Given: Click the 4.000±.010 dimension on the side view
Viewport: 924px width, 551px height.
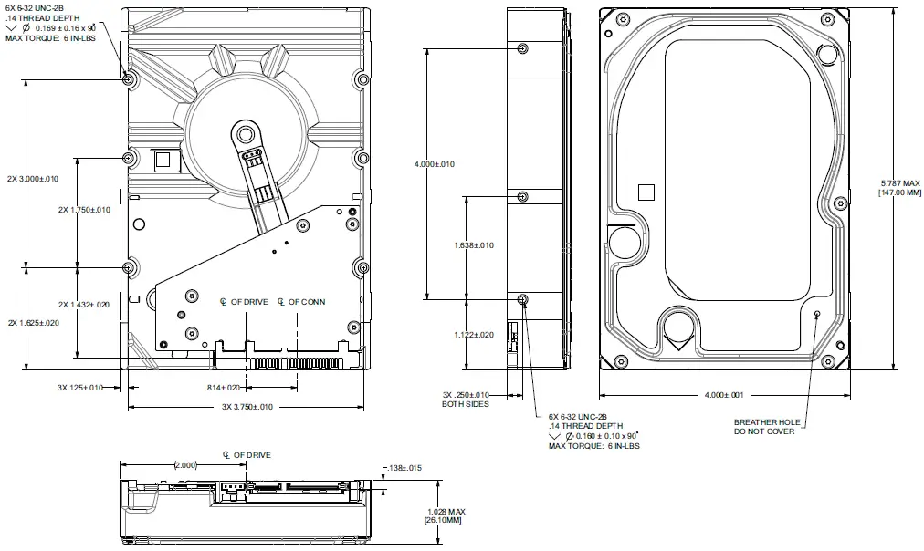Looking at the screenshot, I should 434,164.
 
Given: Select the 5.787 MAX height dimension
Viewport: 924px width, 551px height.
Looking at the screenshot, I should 899,182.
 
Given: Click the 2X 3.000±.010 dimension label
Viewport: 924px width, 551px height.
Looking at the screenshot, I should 32,179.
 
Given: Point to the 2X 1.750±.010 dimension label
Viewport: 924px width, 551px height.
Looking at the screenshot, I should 84,210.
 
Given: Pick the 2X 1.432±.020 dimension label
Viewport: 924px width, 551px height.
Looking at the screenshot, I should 84,305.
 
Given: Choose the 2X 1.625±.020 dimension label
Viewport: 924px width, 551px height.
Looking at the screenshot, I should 32,323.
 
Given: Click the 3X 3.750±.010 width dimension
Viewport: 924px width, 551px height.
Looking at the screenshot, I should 247,407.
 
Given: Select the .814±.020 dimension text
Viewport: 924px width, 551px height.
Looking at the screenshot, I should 223,388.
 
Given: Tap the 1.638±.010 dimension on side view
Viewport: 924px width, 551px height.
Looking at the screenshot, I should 474,245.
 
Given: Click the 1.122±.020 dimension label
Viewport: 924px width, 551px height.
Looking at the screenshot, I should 474,335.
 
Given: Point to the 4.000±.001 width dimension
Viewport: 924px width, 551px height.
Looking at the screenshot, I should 724,395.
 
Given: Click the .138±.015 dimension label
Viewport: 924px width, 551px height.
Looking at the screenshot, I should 404,468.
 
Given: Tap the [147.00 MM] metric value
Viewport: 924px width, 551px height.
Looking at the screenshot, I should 899,192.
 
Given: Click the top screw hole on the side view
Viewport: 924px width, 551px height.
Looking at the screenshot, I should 522,48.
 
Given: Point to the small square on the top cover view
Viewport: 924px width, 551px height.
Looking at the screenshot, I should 646,192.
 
